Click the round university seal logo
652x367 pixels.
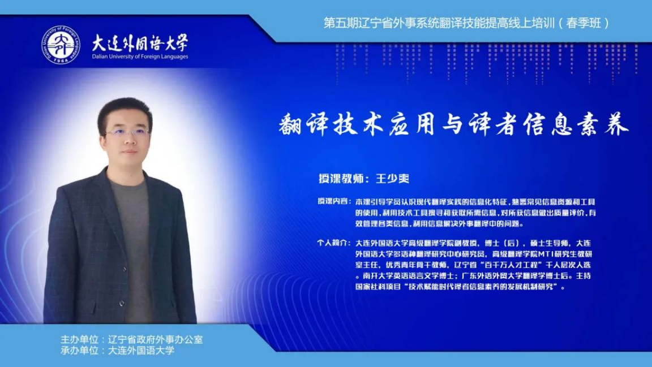[x=61, y=45]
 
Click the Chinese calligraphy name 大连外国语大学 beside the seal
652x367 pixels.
[x=140, y=42]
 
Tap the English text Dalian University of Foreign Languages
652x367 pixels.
[x=140, y=57]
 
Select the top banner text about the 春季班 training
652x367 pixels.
[x=466, y=23]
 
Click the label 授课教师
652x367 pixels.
[x=340, y=178]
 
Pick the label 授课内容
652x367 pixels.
[x=333, y=201]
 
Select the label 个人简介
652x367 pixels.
[x=332, y=243]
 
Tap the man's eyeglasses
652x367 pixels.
[x=128, y=134]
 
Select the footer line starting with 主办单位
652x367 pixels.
[x=131, y=340]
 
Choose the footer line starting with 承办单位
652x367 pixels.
[x=117, y=351]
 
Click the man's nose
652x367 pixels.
[x=129, y=142]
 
